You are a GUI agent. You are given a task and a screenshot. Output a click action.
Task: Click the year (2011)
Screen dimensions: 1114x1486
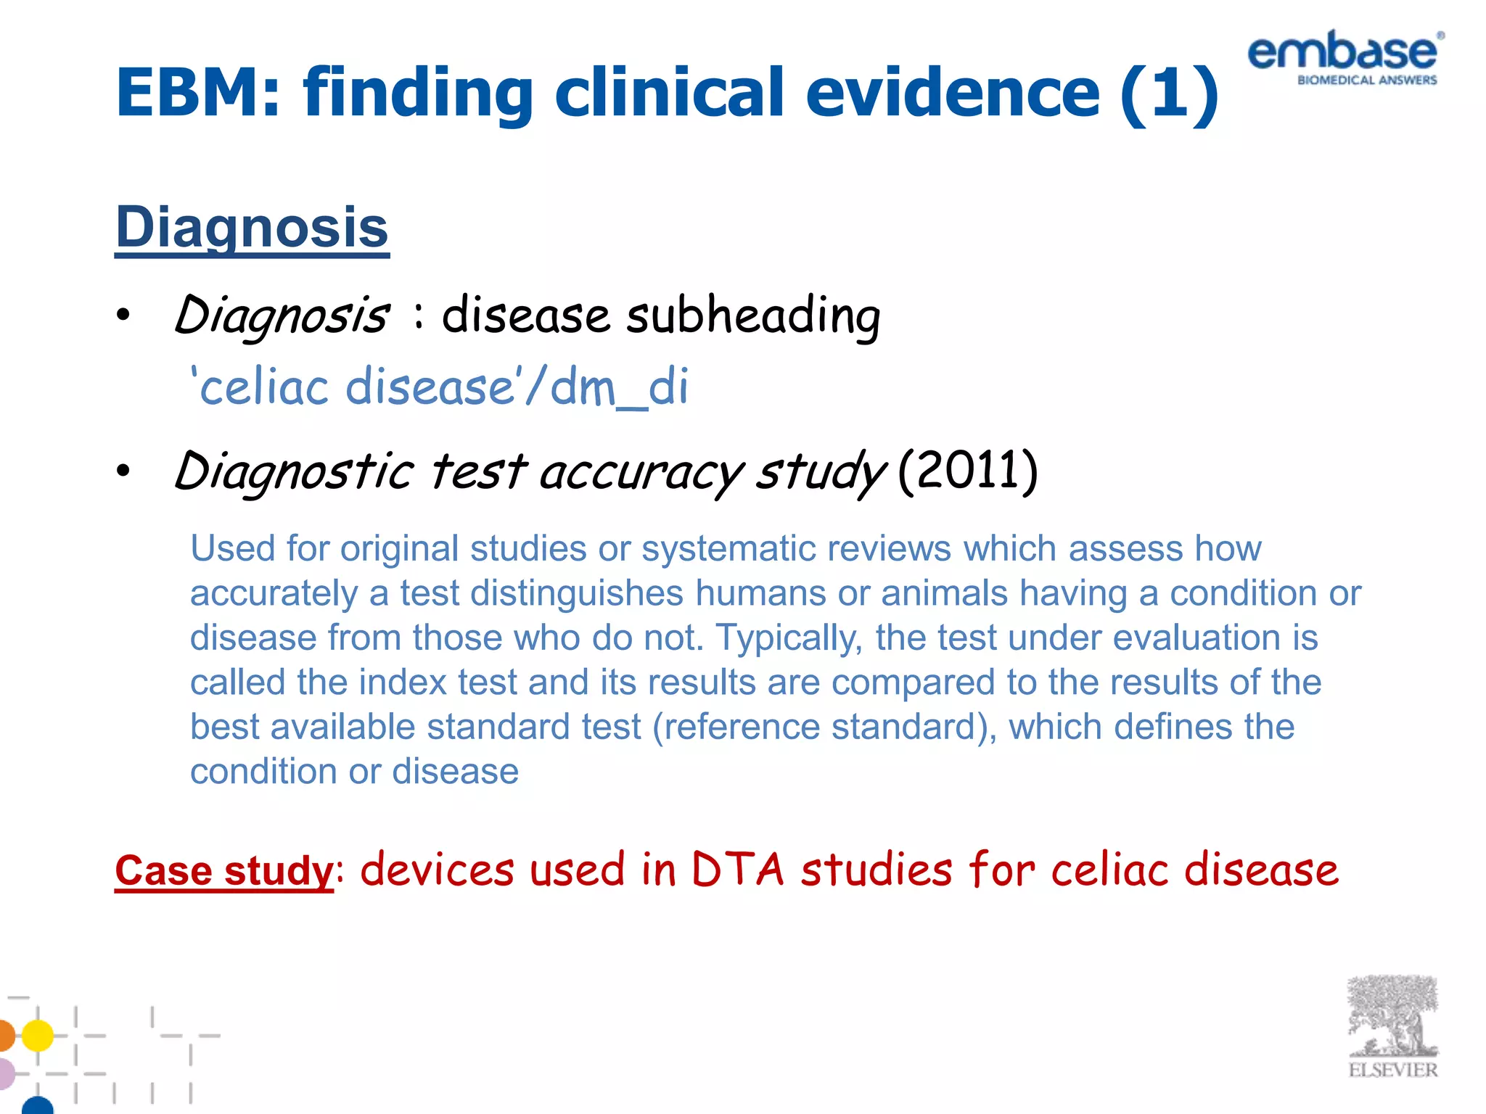point(967,471)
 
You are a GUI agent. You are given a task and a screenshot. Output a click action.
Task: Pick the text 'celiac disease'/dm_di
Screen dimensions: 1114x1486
point(439,386)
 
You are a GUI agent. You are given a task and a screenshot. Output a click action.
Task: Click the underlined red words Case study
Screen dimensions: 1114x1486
point(223,870)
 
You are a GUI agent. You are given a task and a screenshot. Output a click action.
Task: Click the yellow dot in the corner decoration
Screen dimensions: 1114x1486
point(38,1035)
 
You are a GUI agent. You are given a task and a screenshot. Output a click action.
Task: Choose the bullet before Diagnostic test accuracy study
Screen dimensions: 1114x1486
point(124,471)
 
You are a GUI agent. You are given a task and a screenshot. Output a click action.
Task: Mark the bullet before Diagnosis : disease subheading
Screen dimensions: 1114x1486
point(124,316)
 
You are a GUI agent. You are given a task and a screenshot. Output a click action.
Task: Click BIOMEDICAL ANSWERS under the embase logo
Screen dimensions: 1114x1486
point(1366,81)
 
